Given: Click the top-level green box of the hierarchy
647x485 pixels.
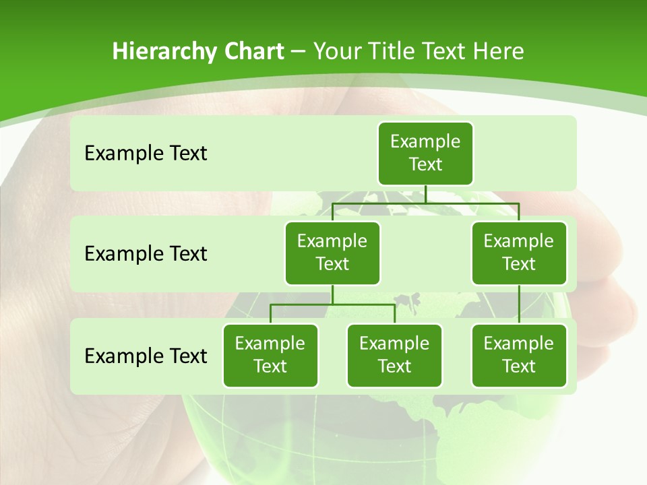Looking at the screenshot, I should pos(425,154).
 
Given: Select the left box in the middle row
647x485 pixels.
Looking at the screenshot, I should pos(332,253).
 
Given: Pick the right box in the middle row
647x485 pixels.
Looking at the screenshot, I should pos(519,253).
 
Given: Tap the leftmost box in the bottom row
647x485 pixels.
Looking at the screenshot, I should pos(270,356).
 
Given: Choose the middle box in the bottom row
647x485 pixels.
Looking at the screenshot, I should pos(394,356).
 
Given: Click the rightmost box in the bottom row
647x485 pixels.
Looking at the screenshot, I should pos(519,356).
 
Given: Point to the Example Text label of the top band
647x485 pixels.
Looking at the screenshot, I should pos(146,154).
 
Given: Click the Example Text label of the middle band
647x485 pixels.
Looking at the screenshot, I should pos(146,254).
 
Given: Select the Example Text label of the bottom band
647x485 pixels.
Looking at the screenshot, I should pos(146,356).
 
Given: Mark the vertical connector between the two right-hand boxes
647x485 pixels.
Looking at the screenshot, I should pos(519,304).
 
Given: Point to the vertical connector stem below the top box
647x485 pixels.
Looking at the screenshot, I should pos(425,194).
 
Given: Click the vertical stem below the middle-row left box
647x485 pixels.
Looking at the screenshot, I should pos(332,294).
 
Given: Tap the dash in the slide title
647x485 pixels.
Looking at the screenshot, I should pos(299,52).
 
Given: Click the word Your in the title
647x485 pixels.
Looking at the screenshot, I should pos(336,52).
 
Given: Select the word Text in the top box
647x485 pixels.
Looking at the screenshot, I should pos(425,164).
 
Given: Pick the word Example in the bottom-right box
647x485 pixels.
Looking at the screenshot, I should pos(519,344).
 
